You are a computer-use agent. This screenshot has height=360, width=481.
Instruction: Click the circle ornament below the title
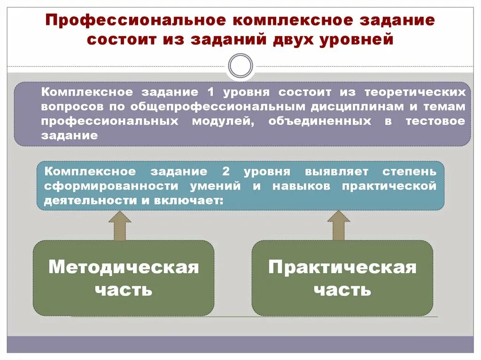click(240, 66)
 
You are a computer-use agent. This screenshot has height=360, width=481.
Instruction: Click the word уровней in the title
click(357, 39)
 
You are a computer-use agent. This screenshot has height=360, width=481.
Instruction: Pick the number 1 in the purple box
click(209, 92)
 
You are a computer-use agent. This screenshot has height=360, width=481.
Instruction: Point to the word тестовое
click(435, 121)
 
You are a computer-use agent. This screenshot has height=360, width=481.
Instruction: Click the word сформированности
click(112, 186)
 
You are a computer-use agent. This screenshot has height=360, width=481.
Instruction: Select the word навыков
click(301, 186)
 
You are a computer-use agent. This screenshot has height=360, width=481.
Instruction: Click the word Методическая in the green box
click(124, 268)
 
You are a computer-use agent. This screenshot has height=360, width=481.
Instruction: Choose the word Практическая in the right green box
click(342, 268)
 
